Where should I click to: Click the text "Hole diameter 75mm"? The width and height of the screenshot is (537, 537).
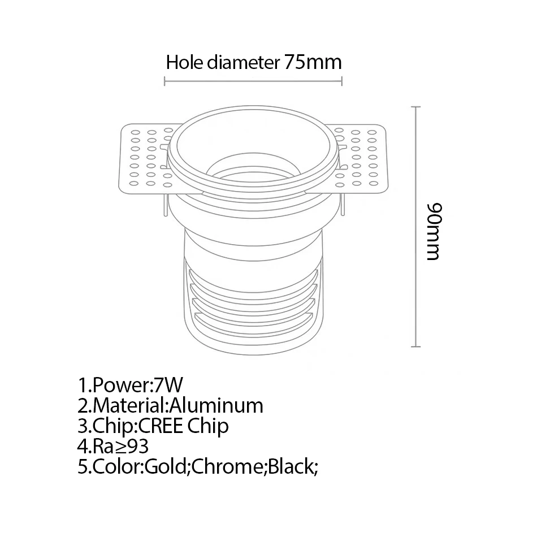coord(253,62)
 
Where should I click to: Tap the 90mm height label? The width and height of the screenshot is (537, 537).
coord(434,232)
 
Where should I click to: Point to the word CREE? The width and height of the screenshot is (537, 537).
coord(160,426)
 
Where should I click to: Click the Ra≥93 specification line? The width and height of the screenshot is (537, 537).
coord(113,446)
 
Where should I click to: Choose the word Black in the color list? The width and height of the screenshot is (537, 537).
coord(289,466)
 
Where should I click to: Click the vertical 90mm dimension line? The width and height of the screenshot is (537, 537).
coord(417,226)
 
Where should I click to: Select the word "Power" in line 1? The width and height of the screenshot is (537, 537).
coord(120,386)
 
